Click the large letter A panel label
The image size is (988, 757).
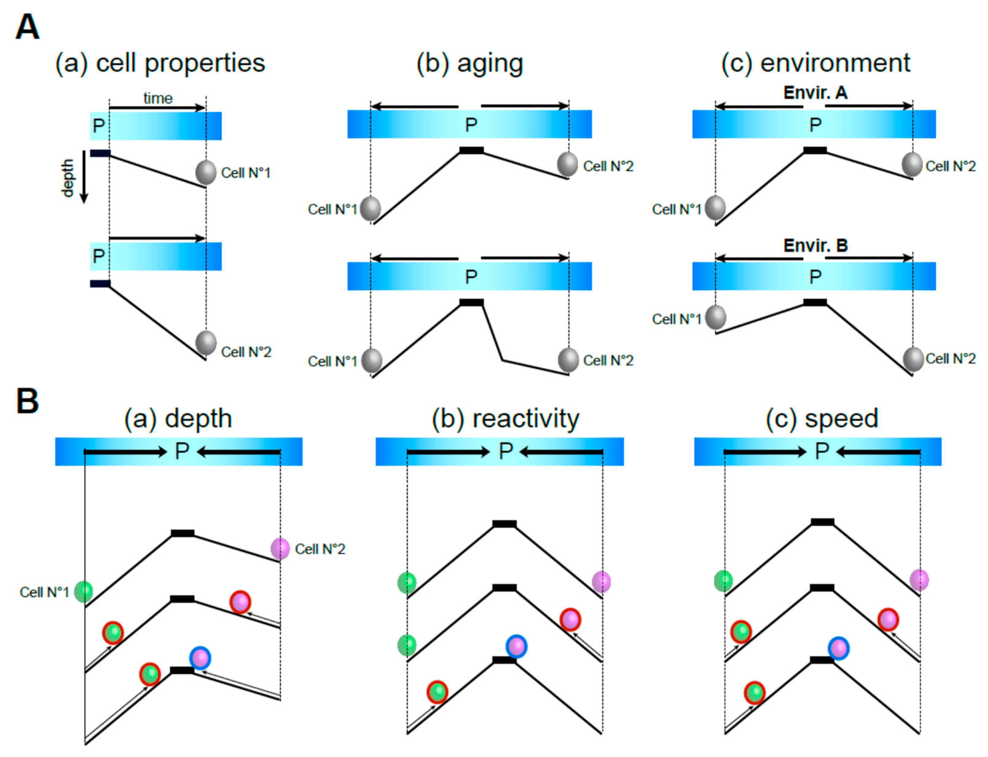(x=27, y=27)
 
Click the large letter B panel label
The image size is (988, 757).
(x=27, y=401)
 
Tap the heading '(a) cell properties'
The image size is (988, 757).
(x=160, y=63)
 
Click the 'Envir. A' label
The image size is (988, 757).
(x=815, y=93)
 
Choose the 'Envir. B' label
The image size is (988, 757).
(x=815, y=245)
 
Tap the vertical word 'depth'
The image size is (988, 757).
(x=68, y=178)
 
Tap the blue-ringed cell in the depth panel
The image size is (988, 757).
(x=200, y=658)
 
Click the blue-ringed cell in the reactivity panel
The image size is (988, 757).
(x=516, y=646)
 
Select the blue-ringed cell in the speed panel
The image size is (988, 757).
(x=838, y=648)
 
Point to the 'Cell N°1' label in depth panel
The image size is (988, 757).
(x=44, y=592)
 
